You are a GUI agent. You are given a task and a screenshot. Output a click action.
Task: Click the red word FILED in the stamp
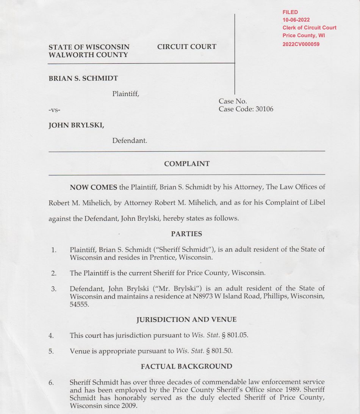pos(290,13)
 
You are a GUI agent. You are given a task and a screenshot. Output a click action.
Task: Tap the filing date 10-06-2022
pos(296,20)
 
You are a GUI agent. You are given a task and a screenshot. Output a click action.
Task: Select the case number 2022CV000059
pos(301,44)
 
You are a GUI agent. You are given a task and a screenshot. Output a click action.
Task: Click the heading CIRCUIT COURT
pos(187,47)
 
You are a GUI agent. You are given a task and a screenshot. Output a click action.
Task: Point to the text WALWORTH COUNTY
pos(88,55)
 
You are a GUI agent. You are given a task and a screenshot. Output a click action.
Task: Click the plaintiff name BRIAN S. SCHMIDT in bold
pos(83,78)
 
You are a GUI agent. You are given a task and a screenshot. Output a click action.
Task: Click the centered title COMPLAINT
pos(187,164)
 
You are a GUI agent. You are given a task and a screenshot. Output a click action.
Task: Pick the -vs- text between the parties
pos(55,110)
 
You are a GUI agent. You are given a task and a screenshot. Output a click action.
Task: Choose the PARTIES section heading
pos(186,234)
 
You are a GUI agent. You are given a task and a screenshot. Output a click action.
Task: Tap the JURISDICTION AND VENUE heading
pos(186,320)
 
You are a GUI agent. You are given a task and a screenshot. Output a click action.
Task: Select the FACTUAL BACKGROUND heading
pos(186,367)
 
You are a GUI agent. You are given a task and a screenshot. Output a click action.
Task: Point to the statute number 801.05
pos(238,336)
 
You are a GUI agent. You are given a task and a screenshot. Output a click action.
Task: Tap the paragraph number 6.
pos(51,383)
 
